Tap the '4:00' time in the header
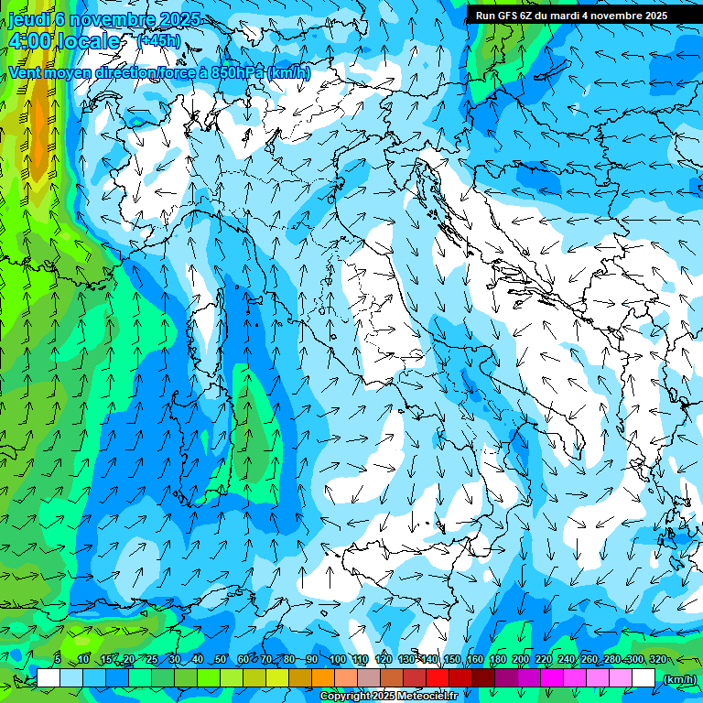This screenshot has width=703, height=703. click(x=27, y=42)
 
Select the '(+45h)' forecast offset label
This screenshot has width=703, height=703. click(x=157, y=40)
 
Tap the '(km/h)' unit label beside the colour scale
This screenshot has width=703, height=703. click(x=678, y=678)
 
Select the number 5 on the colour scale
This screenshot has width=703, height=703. click(x=58, y=660)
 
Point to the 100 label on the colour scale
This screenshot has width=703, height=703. click(x=338, y=660)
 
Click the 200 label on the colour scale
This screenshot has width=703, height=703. click(x=521, y=660)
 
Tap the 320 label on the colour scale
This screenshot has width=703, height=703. click(x=658, y=660)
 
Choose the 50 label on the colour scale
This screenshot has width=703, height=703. click(x=221, y=660)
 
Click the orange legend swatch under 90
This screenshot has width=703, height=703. click(x=323, y=678)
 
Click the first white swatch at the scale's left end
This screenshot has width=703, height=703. click(x=49, y=678)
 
